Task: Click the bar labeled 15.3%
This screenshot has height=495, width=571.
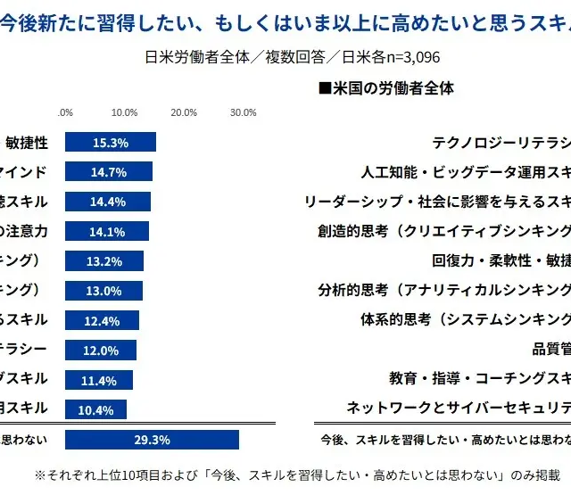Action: [x=111, y=142]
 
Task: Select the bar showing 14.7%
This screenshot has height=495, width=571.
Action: [x=109, y=171]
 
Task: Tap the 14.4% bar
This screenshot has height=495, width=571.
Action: [x=108, y=202]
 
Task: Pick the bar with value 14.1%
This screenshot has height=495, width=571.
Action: [x=107, y=231]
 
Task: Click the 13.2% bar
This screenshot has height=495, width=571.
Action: [x=104, y=260]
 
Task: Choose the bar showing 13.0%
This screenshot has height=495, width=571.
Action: [x=103, y=291]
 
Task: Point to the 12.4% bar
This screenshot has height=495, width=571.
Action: [x=102, y=320]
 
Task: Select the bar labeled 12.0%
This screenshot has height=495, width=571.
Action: [x=101, y=351]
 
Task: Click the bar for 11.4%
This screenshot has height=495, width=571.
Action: [x=99, y=380]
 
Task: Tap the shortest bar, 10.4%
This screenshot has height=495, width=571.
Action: [x=96, y=409]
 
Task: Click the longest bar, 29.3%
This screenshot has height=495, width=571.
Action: [x=152, y=440]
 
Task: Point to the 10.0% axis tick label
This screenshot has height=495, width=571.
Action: [x=124, y=112]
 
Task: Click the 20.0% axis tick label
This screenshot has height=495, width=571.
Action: [x=184, y=112]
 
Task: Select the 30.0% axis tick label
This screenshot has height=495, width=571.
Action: [x=244, y=112]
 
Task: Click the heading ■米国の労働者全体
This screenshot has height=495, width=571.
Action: [x=386, y=88]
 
